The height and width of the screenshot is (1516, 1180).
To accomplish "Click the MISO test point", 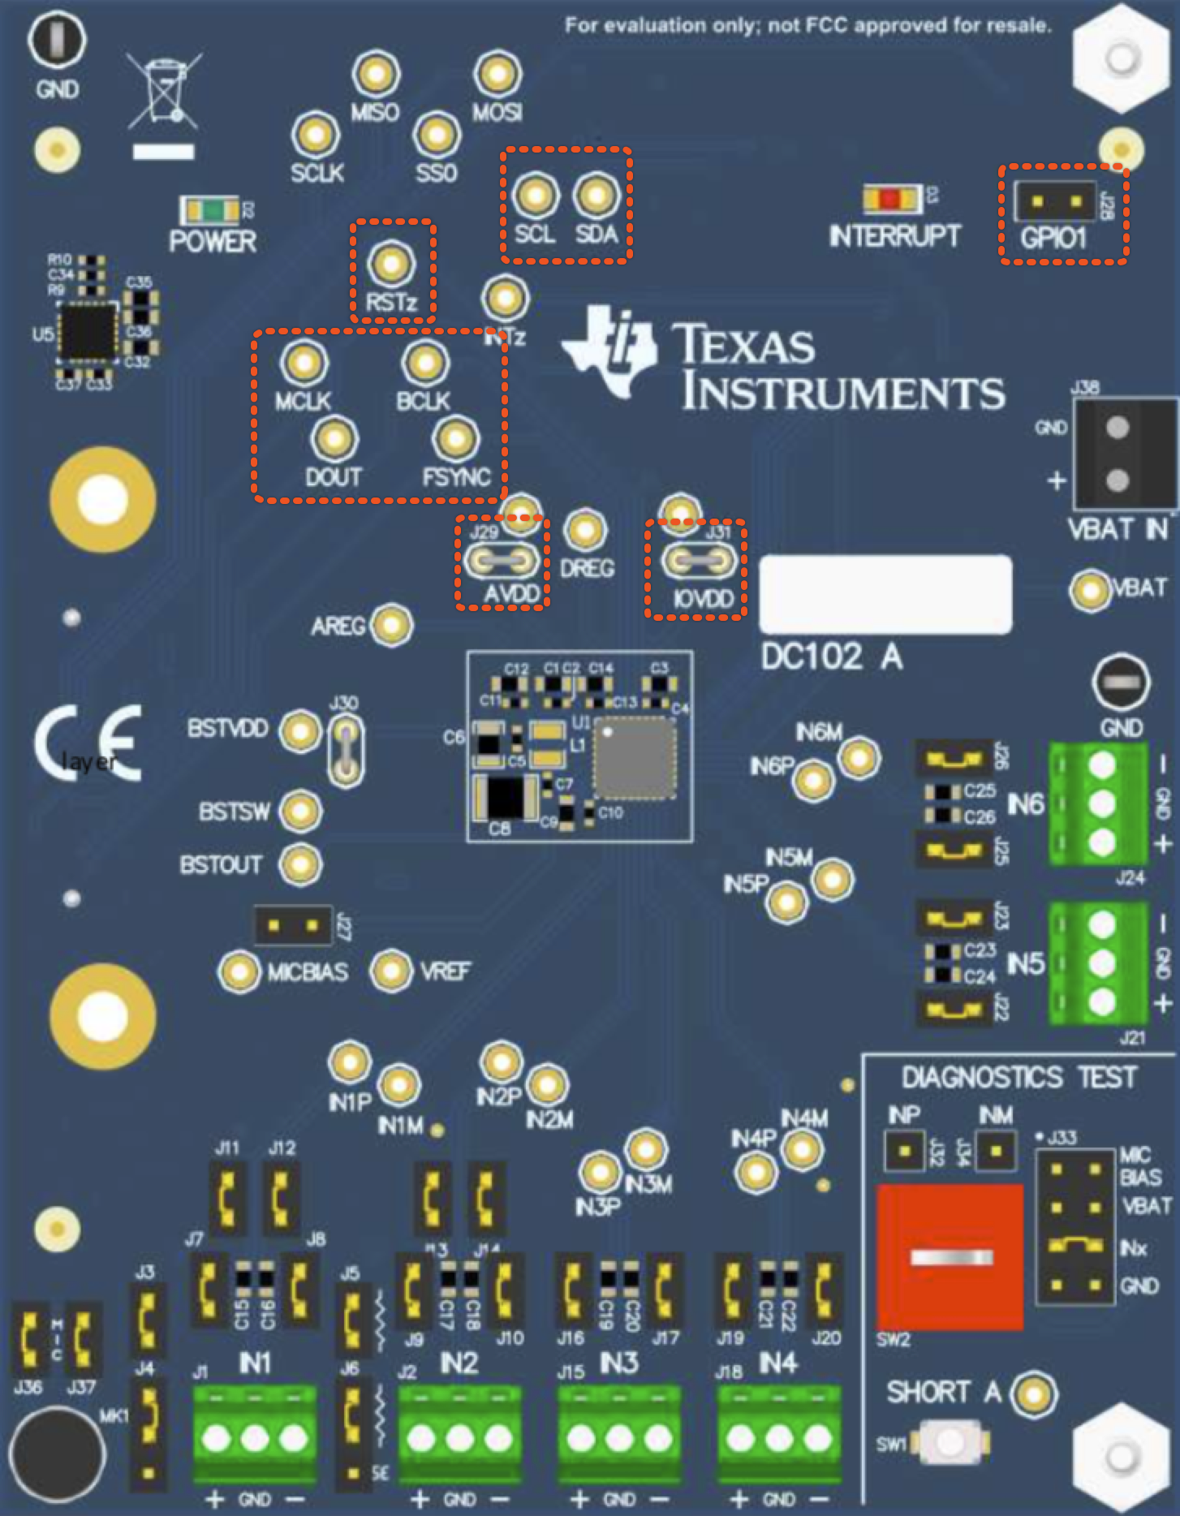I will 376,75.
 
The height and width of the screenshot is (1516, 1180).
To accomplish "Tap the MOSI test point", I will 497,75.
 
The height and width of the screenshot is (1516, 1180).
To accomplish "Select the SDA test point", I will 596,196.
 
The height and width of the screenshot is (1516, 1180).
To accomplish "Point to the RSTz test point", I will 392,264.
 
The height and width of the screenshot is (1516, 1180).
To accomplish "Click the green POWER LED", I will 212,211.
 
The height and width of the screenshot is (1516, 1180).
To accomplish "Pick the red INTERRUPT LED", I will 891,199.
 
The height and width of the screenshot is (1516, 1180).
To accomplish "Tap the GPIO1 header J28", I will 1056,200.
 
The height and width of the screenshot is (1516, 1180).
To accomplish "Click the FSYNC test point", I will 455,439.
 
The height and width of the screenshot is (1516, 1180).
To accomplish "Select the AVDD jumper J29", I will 501,559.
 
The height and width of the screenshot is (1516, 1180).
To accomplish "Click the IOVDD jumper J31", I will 699,560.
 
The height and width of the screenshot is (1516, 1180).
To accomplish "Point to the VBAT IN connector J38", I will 1118,454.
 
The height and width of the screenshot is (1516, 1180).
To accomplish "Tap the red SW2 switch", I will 950,1256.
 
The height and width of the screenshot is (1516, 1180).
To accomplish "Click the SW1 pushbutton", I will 950,1442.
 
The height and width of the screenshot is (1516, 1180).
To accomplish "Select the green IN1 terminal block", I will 255,1436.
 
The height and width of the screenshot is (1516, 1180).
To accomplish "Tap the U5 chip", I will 87,331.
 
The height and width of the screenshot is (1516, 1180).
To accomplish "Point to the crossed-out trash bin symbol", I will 165,91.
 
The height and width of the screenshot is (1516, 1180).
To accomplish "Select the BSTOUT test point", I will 301,864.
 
